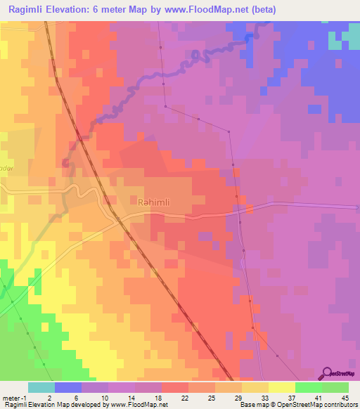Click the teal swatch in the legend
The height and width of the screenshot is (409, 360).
(x=41, y=387)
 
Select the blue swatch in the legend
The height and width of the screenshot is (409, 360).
(x=68, y=387)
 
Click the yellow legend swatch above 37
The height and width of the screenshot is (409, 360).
(x=282, y=387)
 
